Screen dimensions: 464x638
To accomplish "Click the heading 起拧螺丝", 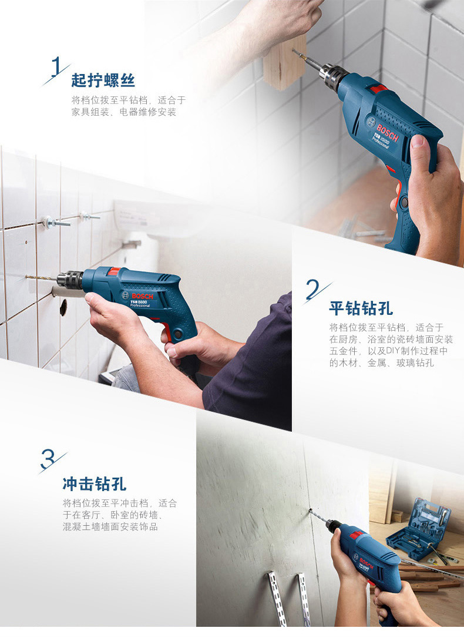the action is tap(103, 80).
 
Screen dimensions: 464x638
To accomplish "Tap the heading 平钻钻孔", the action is tap(361, 308).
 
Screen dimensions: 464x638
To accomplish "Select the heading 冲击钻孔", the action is tap(95, 484).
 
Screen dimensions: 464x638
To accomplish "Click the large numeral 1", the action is tap(56, 66).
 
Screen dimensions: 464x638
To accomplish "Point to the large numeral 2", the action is tap(312, 289).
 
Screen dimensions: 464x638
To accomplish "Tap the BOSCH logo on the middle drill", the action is tap(143, 296).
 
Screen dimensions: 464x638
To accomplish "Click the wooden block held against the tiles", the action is tap(284, 62).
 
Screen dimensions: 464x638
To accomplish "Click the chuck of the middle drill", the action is tap(69, 280).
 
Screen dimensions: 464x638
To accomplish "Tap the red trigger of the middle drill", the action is tap(166, 331).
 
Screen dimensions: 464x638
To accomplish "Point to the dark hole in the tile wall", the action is tap(63, 308).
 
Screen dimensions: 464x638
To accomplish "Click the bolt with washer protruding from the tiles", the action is tap(56, 223).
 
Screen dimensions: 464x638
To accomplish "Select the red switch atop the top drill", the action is tap(378, 88).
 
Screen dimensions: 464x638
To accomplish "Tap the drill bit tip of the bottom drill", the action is tap(310, 511).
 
